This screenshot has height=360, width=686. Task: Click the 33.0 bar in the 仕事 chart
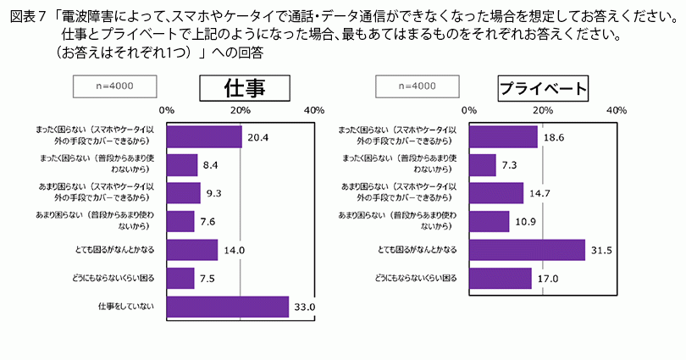[228, 306]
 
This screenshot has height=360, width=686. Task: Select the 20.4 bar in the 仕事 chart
[204, 136]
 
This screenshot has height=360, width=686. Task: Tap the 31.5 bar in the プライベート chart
[527, 250]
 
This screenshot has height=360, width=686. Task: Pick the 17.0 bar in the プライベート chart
[500, 278]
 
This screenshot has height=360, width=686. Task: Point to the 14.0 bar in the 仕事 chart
[192, 250]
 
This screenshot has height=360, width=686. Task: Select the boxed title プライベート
[543, 88]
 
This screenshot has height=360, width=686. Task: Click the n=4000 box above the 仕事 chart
[115, 86]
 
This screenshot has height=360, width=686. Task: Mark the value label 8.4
[212, 164]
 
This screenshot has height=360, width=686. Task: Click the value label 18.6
[555, 136]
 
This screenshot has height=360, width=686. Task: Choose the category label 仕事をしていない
[125, 306]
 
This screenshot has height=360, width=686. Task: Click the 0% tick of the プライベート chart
[468, 110]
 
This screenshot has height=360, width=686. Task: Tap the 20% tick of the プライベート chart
[542, 110]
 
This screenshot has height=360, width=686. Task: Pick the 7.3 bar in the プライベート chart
[482, 164]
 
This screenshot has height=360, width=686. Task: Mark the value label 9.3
[215, 193]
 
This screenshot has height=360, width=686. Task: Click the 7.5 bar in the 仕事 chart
[180, 278]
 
